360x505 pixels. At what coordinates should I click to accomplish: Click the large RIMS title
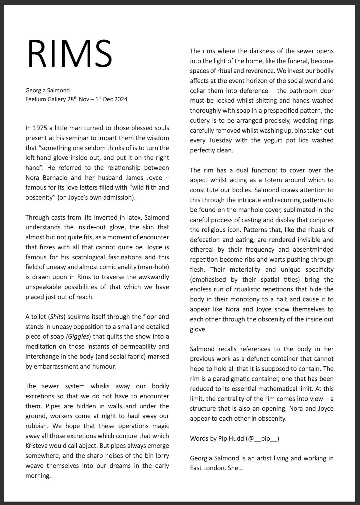pos(70,54)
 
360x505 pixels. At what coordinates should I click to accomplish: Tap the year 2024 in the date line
pos(121,100)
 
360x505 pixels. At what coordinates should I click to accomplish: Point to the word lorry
pos(162,456)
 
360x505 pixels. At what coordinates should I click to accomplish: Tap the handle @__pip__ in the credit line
pos(262,438)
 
